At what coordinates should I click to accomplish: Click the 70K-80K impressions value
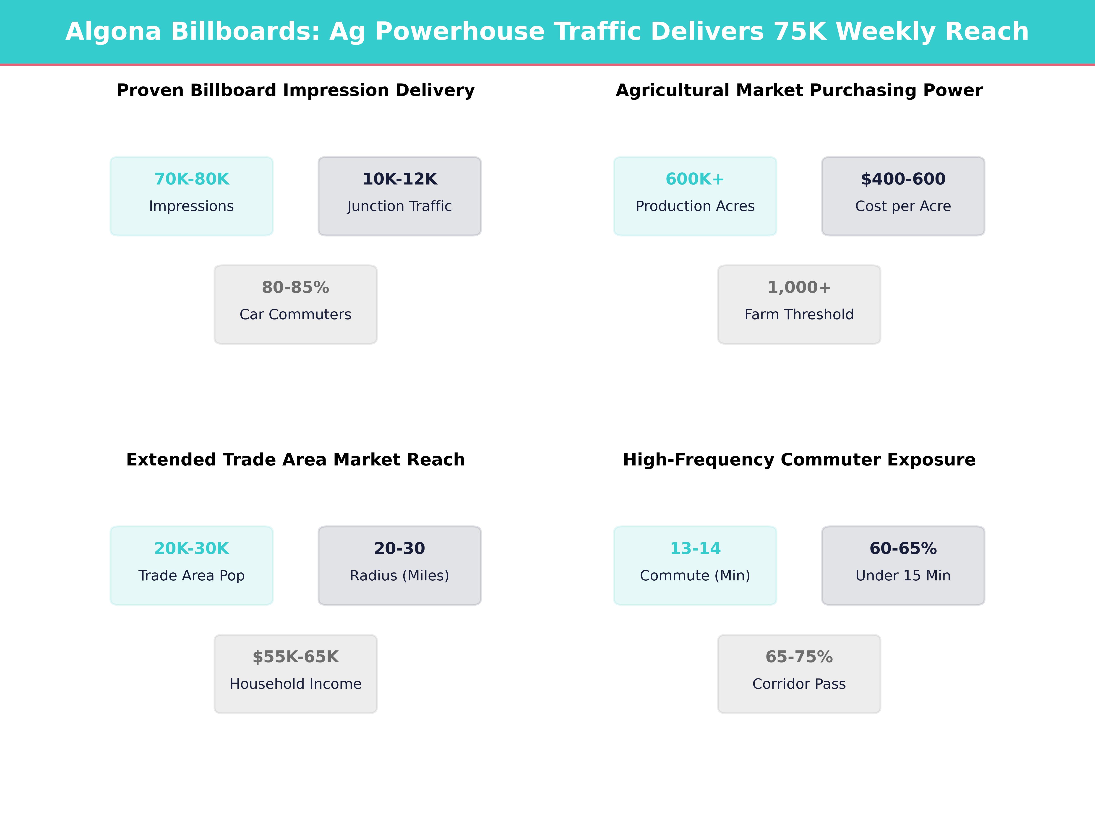(192, 179)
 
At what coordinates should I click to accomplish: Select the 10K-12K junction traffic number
(399, 179)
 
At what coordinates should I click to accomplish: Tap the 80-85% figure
(295, 288)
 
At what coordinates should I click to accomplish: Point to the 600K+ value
(695, 179)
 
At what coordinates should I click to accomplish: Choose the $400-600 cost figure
(903, 179)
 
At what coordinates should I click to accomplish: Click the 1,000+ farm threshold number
(799, 288)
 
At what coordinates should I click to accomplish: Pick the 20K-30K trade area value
(192, 548)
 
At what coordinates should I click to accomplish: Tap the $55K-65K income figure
(295, 657)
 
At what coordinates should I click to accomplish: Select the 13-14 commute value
(695, 548)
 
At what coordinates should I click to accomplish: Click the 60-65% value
(903, 548)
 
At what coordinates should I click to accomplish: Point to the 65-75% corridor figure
(799, 657)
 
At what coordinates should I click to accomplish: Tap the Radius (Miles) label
(399, 576)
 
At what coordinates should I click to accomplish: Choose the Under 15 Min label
(903, 576)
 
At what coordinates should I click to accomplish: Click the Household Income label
(295, 684)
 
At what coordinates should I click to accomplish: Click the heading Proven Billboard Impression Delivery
(295, 91)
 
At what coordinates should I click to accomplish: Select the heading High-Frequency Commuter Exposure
(799, 460)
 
